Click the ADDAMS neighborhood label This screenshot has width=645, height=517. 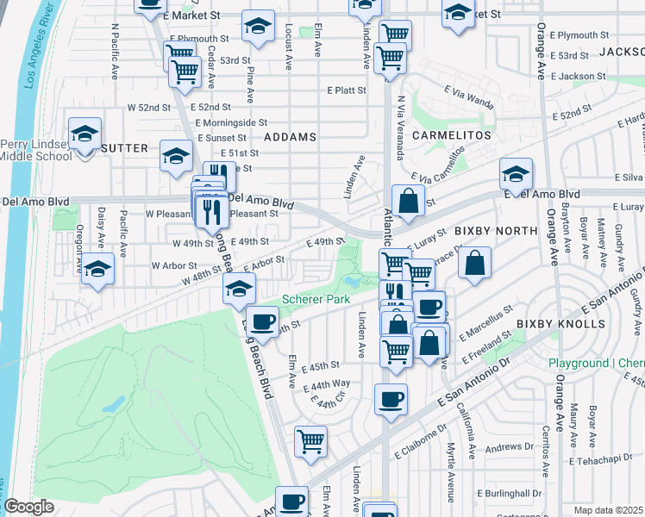(290, 137)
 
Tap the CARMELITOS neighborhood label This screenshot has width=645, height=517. (450, 136)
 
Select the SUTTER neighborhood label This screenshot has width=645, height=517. (124, 148)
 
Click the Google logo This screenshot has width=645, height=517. (28, 507)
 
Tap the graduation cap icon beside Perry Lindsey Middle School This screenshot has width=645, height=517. (85, 134)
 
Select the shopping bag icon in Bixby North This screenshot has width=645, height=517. (474, 263)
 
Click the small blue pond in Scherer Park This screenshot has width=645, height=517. (352, 281)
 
